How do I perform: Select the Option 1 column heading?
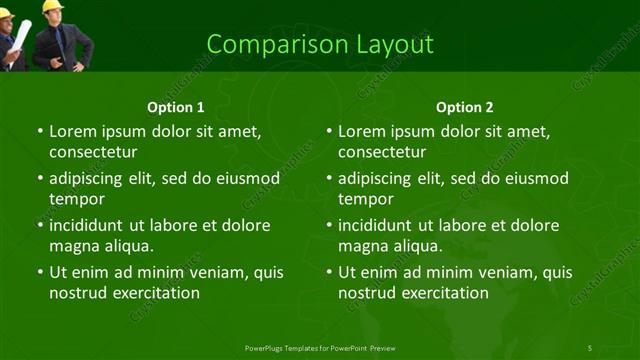[175, 107]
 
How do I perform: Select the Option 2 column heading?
[465, 107]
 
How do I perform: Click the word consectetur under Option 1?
[93, 153]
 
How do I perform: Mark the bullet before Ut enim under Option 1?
[39, 272]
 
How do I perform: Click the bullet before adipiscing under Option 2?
[329, 178]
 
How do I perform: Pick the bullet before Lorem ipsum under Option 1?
[39, 131]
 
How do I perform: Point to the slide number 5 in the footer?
[590, 348]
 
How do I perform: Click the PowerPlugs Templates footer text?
[319, 348]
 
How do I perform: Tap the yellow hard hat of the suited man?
[53, 5]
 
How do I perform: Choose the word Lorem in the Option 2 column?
[363, 131]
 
